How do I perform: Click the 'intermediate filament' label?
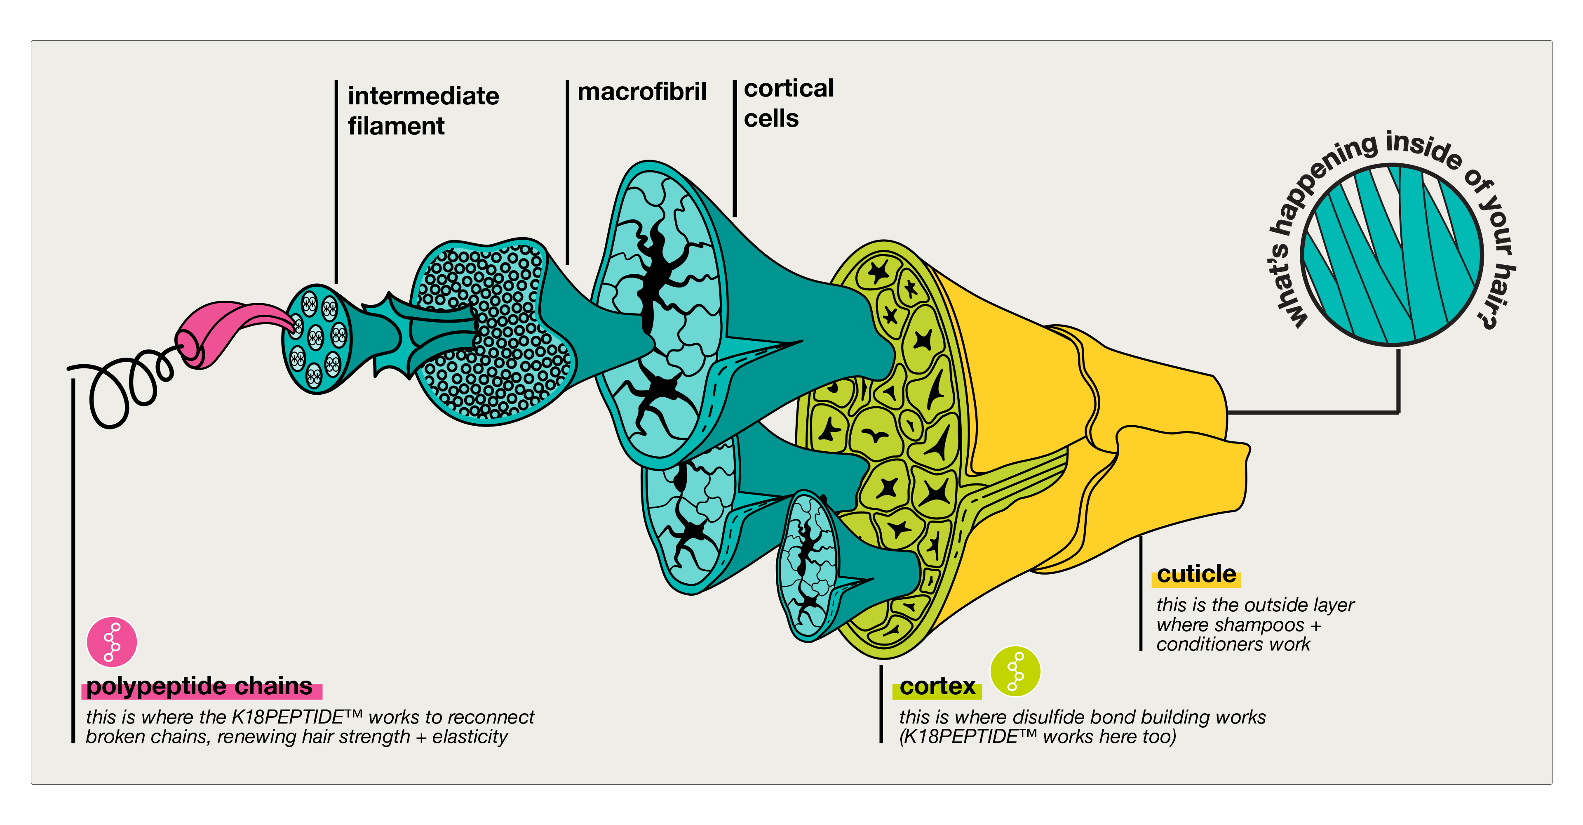[x=423, y=111]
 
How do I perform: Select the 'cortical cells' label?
[x=789, y=103]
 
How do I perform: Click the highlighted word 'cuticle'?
[x=1196, y=574]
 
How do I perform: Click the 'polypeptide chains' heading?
[x=199, y=686]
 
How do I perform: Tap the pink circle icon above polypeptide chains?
[x=112, y=642]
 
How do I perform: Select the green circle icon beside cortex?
[x=1015, y=671]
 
